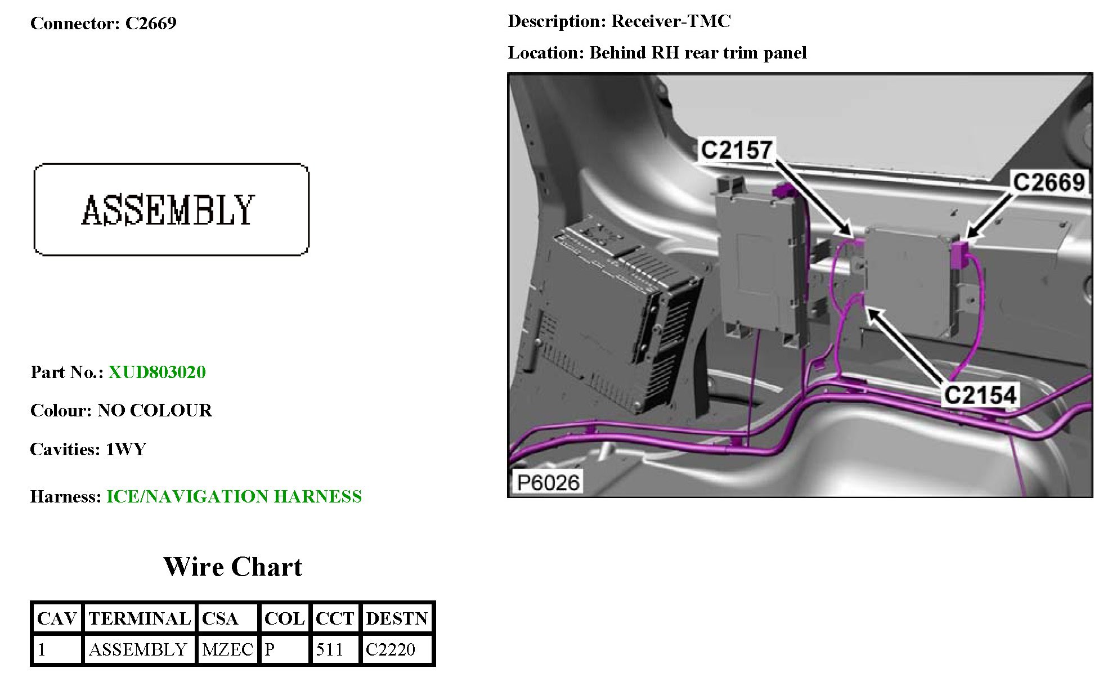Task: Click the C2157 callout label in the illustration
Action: pyautogui.click(x=736, y=150)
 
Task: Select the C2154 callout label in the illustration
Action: pyautogui.click(x=980, y=394)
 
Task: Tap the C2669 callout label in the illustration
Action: pyautogui.click(x=1048, y=182)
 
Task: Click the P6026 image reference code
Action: pyautogui.click(x=548, y=482)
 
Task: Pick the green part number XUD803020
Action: pyautogui.click(x=157, y=372)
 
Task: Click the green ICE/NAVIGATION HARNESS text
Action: pyautogui.click(x=234, y=496)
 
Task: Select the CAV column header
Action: pyautogui.click(x=56, y=618)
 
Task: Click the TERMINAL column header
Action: pyautogui.click(x=140, y=618)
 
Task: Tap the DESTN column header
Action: pyautogui.click(x=397, y=618)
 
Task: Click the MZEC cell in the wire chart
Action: pyautogui.click(x=227, y=649)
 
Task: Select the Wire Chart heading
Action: pyautogui.click(x=232, y=567)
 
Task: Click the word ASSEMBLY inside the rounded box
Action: pyautogui.click(x=168, y=210)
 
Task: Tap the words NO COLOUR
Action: pyautogui.click(x=155, y=410)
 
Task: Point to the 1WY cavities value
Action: pyautogui.click(x=126, y=449)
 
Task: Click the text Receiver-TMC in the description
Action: pyautogui.click(x=671, y=21)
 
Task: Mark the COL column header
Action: pyautogui.click(x=284, y=618)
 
